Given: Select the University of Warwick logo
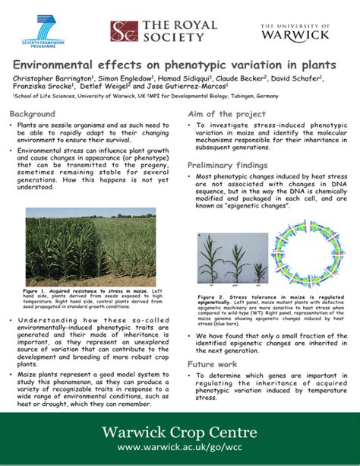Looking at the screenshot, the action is click(295, 31).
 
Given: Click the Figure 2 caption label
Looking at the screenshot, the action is click(210, 296).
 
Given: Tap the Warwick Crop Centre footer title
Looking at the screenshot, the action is click(179, 433).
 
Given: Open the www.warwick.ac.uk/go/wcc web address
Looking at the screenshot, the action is click(179, 450).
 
